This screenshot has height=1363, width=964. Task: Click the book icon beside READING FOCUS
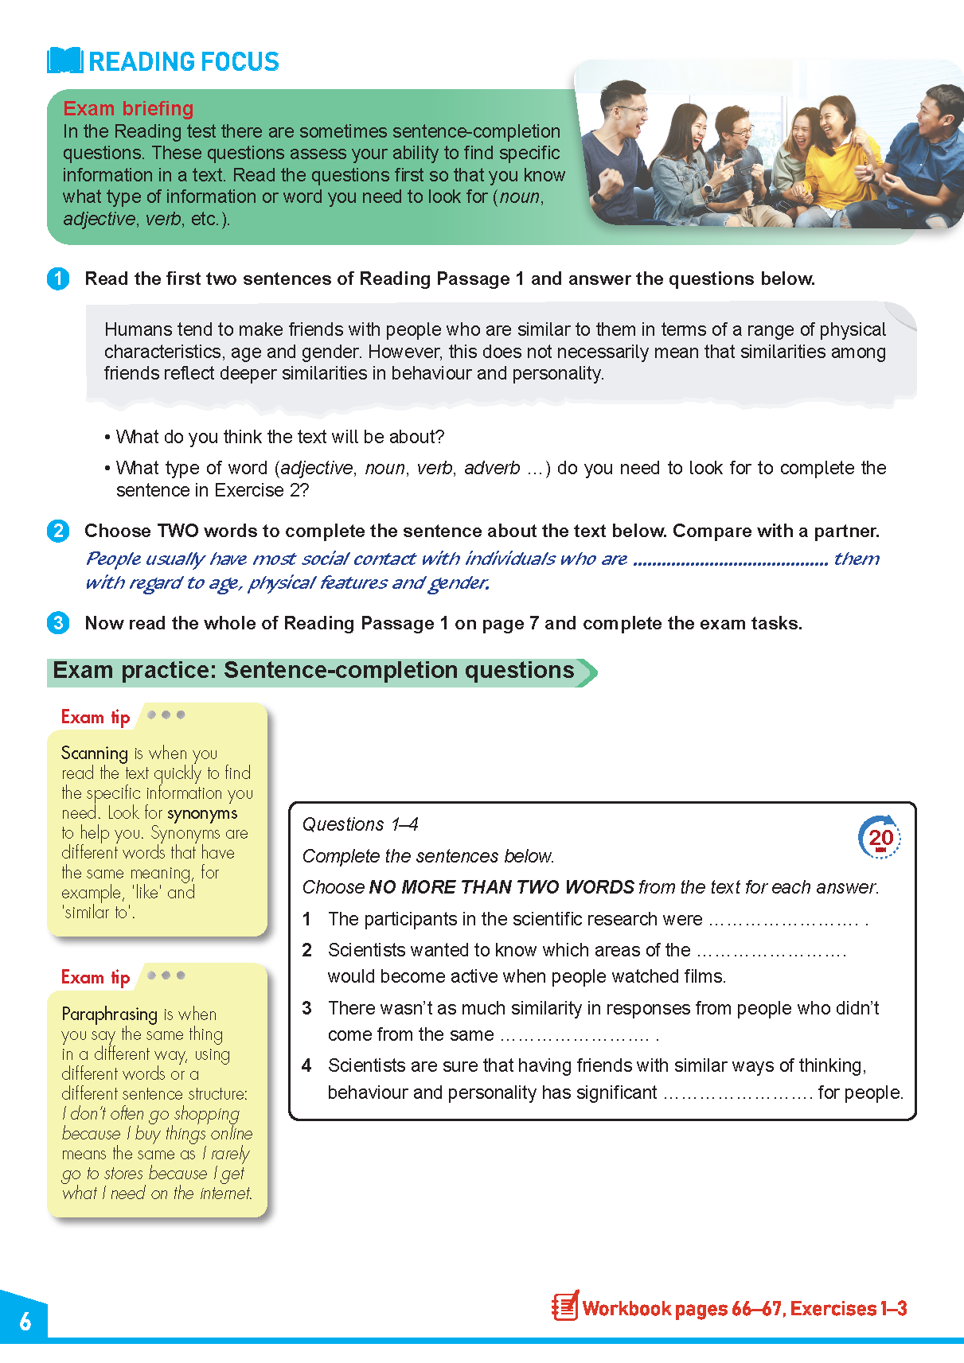[x=64, y=60]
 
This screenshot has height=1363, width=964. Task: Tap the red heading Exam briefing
[x=128, y=108]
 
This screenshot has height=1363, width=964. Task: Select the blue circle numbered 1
[x=58, y=279]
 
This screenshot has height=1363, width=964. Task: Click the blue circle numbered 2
[x=58, y=531]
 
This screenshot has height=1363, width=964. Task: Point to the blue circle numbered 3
[x=58, y=623]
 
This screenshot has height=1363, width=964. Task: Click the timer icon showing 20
[x=880, y=837]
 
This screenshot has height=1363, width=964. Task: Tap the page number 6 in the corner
[x=25, y=1322]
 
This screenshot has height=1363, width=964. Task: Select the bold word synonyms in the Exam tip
[x=202, y=813]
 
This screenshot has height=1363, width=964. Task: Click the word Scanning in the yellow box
[x=94, y=753]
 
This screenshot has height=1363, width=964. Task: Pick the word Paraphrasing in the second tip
[x=109, y=1014]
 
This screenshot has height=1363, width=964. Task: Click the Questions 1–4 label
[x=360, y=824]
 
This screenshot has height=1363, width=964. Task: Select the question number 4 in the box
[x=306, y=1065]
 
